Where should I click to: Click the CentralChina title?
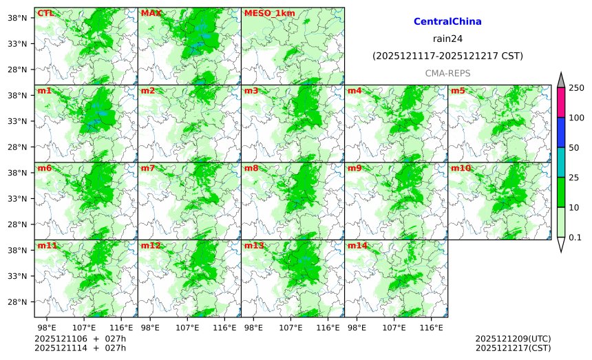coord(447,22)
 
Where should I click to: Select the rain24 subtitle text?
coord(447,39)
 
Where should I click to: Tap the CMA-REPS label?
coord(447,72)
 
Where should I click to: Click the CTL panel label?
coord(45,13)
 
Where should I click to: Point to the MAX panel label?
coord(151,13)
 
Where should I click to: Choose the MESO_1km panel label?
coord(265,13)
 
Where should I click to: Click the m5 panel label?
coord(458,91)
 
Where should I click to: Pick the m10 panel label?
coord(461,168)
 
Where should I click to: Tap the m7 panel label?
coord(148,168)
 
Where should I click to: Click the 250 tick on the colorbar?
coord(576,87)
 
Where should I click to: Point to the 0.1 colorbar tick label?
coord(575,237)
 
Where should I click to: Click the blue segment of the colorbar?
coord(561,132)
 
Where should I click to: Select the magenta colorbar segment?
coord(561,102)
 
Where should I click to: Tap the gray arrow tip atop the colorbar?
coord(561,79)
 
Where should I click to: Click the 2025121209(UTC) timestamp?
coord(513,339)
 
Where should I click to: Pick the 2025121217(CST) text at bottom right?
coord(513,348)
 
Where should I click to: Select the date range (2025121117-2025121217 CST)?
coord(447,55)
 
